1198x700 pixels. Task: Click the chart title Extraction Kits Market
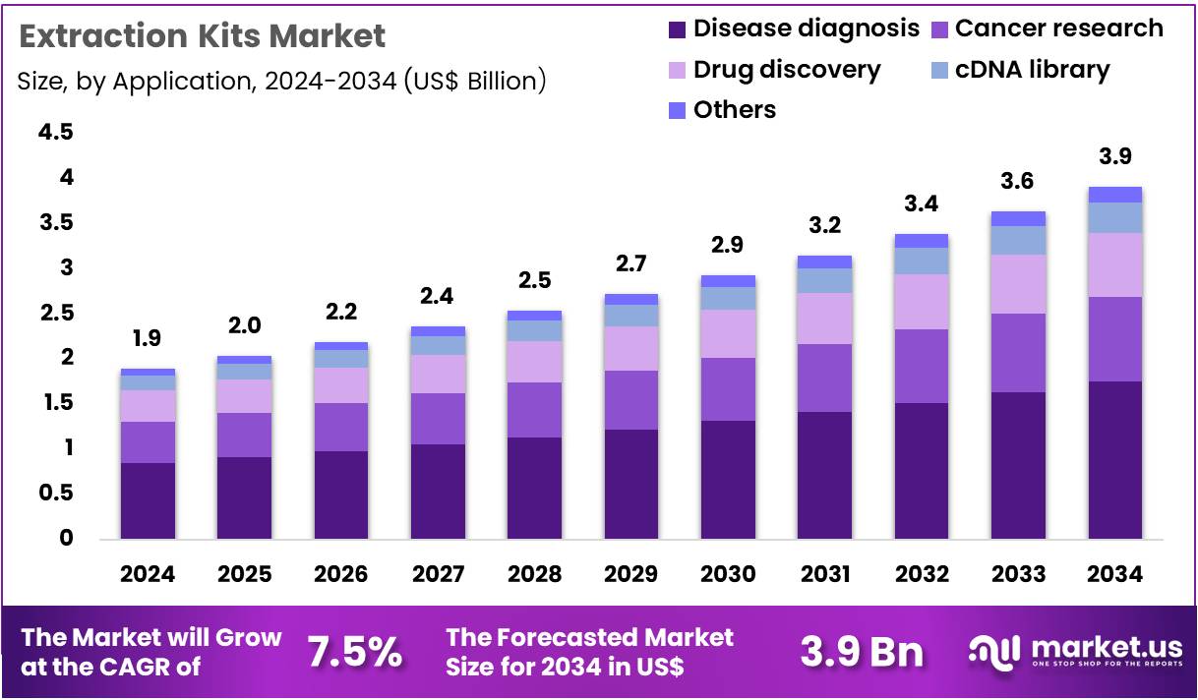click(203, 36)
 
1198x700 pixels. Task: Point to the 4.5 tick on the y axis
click(53, 133)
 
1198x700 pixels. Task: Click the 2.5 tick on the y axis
click(53, 313)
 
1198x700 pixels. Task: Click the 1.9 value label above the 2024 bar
click(148, 339)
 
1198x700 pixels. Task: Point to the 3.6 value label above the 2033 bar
click(1018, 181)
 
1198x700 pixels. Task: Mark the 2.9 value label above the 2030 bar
click(728, 245)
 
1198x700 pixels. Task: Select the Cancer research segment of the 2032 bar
click(921, 366)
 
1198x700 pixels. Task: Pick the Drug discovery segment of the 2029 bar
click(631, 348)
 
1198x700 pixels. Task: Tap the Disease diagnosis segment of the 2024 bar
click(148, 500)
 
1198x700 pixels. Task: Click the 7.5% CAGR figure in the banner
click(354, 652)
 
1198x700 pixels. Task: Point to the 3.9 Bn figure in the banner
click(862, 652)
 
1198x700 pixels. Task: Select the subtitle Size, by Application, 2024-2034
click(281, 80)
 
